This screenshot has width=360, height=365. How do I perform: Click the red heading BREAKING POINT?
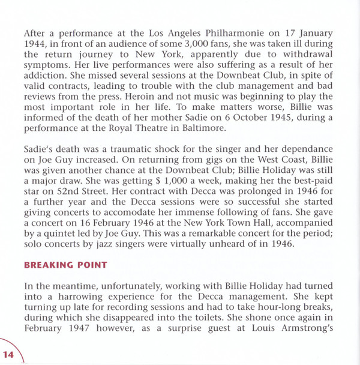tap(67, 265)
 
